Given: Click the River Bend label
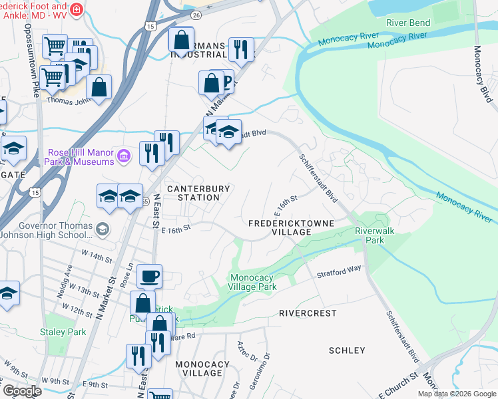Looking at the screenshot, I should [408, 23].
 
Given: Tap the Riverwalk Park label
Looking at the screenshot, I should [370, 235].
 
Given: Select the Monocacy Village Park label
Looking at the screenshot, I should [252, 282].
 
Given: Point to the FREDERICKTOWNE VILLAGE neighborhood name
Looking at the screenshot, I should [280, 227].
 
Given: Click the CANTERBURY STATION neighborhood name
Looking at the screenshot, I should [198, 193].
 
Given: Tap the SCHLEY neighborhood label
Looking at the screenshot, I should [347, 350].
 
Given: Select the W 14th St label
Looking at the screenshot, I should [95, 257].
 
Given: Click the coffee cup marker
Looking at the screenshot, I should [150, 275].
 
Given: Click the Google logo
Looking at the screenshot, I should [21, 391].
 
